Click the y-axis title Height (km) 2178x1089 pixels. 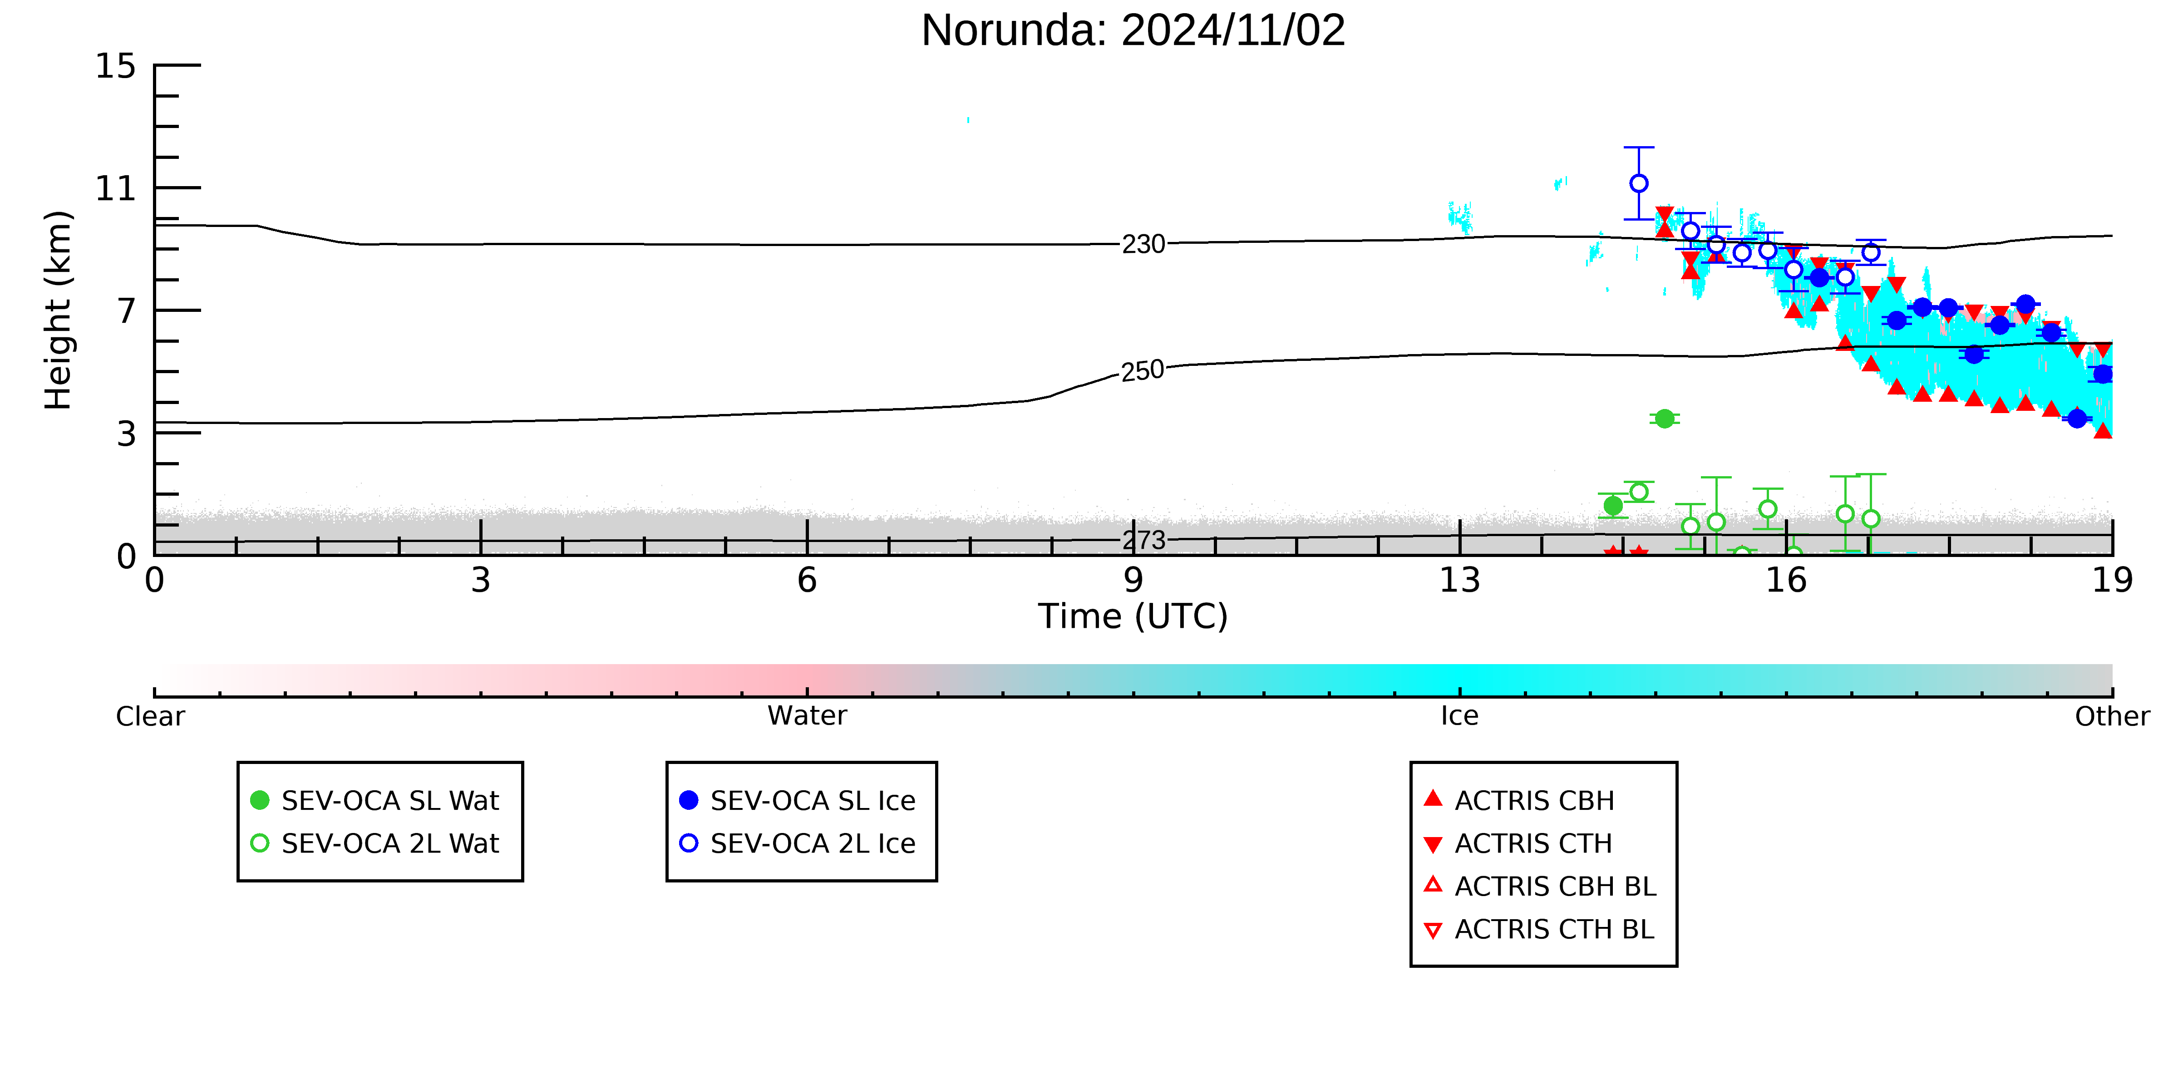[x=59, y=310]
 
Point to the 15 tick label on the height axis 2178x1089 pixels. [x=115, y=66]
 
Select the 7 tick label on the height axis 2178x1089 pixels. [x=126, y=311]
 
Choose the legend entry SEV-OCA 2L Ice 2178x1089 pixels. [x=797, y=843]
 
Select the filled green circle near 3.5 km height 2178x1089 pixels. [x=1664, y=419]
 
